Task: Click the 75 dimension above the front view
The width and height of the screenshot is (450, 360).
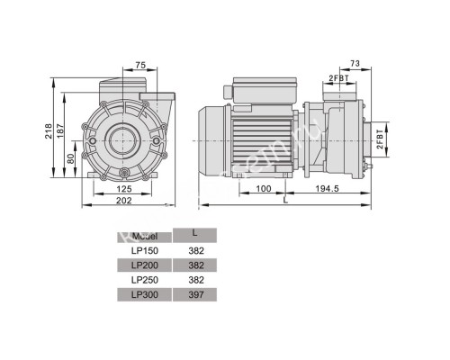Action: tap(139, 65)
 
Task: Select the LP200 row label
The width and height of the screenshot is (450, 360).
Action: tap(143, 265)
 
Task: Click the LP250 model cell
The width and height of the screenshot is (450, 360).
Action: tap(143, 280)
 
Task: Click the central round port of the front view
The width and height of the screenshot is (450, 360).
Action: tap(121, 139)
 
